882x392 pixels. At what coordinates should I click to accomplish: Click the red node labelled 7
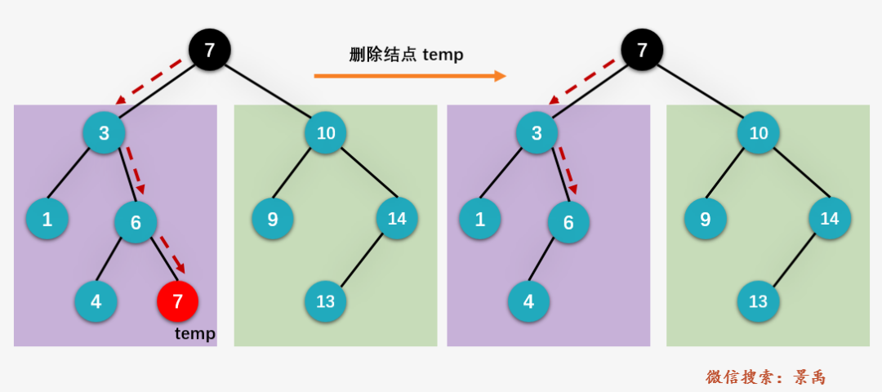pos(178,301)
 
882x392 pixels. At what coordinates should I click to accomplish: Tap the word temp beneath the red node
pos(194,333)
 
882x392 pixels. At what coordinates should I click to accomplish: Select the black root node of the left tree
pos(210,50)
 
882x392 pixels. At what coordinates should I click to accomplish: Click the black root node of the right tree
pos(642,50)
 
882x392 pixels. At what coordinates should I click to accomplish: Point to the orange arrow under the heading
pos(410,75)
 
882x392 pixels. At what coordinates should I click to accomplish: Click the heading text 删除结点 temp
pos(406,55)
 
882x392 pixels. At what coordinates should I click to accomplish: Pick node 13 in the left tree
pos(326,301)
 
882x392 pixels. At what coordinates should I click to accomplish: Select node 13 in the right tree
pos(758,301)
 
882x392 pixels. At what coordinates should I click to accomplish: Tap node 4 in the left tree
pos(96,301)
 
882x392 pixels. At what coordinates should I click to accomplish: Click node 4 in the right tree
pos(528,301)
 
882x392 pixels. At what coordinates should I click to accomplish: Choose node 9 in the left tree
pos(273,219)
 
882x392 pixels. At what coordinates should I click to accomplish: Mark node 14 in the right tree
pos(830,218)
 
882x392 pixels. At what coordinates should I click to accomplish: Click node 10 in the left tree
pos(326,133)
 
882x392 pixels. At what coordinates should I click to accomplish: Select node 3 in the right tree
pos(537,133)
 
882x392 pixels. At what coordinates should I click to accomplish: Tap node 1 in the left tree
pos(47,219)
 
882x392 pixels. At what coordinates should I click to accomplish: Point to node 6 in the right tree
pos(568,222)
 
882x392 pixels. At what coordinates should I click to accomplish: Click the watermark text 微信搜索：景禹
pos(765,376)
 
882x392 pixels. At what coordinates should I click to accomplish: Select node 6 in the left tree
pos(136,222)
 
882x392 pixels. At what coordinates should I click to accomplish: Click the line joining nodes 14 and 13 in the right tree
pos(794,260)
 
